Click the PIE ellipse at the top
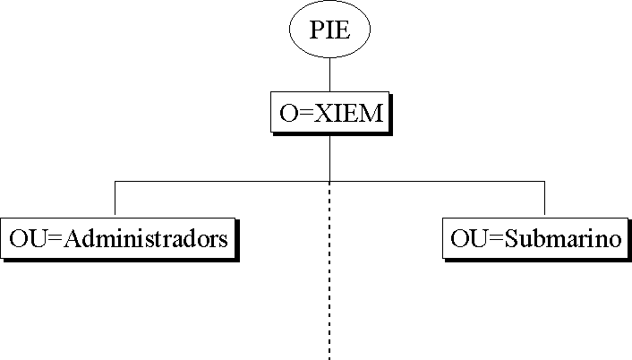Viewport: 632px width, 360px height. pyautogui.click(x=329, y=30)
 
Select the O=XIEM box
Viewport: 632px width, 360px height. pyautogui.click(x=329, y=113)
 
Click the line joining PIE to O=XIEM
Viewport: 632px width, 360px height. pyautogui.click(x=330, y=74)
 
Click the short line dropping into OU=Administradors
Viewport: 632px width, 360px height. pyautogui.click(x=115, y=199)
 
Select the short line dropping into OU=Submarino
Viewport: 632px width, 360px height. pyautogui.click(x=544, y=199)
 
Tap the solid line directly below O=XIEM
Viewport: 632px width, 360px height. pyautogui.click(x=330, y=157)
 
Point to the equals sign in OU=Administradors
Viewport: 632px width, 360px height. pyautogui.click(x=56, y=239)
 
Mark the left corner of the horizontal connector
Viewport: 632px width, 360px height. pyautogui.click(x=115, y=181)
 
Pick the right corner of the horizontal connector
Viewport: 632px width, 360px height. pyautogui.click(x=544, y=181)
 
